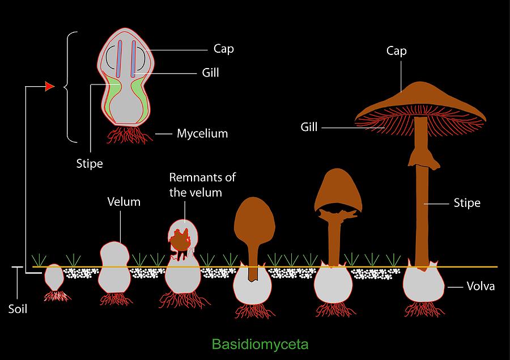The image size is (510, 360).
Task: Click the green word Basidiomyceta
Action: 260,344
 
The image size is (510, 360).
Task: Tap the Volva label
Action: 481,286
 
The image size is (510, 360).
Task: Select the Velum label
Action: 124,202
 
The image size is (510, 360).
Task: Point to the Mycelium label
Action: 202,133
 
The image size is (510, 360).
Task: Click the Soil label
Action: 18,309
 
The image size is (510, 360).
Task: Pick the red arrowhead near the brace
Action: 50,86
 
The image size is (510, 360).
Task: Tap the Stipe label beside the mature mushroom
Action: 467,203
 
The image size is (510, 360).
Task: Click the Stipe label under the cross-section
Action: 90,163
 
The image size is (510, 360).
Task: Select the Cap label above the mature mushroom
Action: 397,51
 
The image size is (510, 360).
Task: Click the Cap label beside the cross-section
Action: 224,49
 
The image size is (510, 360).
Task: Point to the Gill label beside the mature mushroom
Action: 309,126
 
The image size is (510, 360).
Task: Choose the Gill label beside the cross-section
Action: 210,72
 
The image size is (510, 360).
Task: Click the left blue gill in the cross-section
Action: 120,58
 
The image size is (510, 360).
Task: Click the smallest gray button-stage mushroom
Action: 54,277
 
